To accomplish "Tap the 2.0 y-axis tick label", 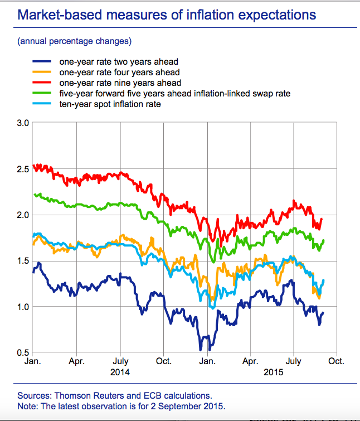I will coord(22,215).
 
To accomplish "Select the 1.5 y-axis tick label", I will coord(22,260).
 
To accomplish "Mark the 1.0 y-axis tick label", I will coord(22,307).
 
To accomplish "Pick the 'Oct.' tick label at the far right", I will coord(336,361).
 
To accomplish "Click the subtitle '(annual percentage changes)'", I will coord(75,41).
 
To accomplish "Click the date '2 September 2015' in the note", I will coord(193,405).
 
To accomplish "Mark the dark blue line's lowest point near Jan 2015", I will coord(201,350).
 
